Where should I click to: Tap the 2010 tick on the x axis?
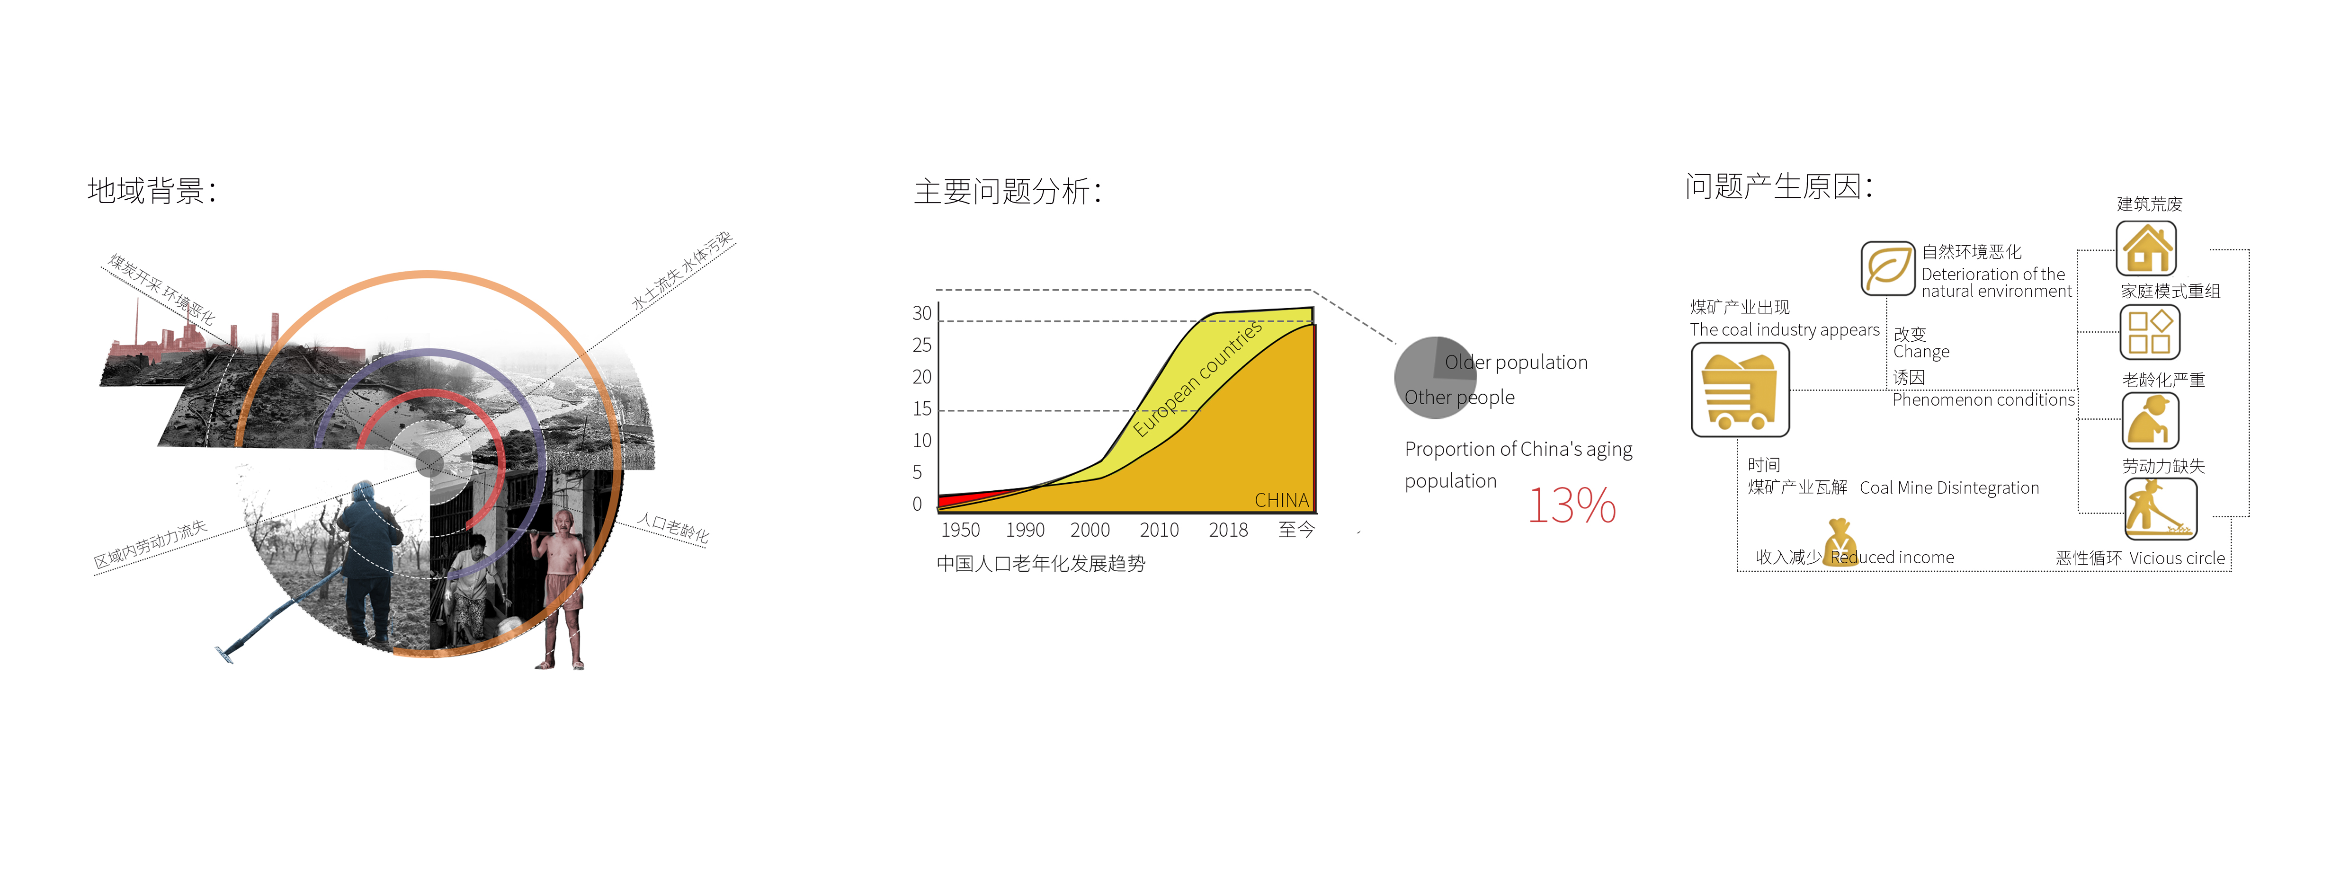1159,530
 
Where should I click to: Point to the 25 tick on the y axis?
922,345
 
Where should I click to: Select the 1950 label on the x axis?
960,530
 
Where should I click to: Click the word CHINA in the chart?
1281,500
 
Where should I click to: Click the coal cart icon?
1740,390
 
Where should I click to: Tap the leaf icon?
1888,268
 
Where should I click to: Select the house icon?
2146,248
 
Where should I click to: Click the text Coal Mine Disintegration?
1949,488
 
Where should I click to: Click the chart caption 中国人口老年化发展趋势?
1040,563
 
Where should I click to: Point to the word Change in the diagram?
1921,352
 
